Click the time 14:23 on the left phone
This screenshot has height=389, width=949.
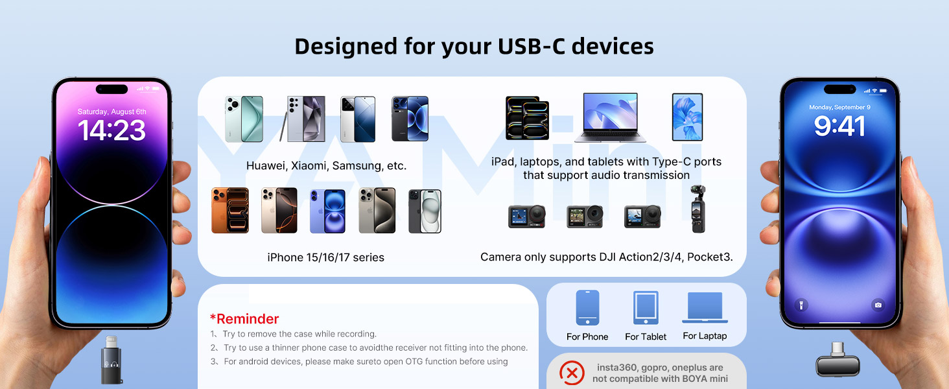pyautogui.click(x=112, y=130)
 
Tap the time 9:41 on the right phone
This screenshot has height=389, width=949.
pyautogui.click(x=839, y=126)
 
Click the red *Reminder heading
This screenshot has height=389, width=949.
pyautogui.click(x=244, y=319)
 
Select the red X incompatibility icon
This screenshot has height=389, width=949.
pyautogui.click(x=571, y=373)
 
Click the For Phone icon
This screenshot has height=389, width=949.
pyautogui.click(x=587, y=308)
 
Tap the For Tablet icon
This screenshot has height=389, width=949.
pyautogui.click(x=646, y=309)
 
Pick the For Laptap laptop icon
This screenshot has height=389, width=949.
pyautogui.click(x=705, y=308)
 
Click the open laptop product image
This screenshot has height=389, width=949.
pyautogui.click(x=609, y=117)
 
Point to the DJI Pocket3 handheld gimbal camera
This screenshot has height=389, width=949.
pyautogui.click(x=697, y=209)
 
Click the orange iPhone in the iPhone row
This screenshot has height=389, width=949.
pyautogui.click(x=230, y=211)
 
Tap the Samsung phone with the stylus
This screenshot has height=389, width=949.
pyautogui.click(x=305, y=119)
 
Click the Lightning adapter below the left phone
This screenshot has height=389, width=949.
pyautogui.click(x=113, y=357)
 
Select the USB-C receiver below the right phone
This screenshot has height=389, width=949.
pyautogui.click(x=838, y=360)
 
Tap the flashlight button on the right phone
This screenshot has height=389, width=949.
pyautogui.click(x=801, y=305)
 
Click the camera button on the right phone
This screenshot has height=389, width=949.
pyautogui.click(x=878, y=305)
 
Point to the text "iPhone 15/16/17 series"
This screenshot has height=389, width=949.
pyautogui.click(x=325, y=257)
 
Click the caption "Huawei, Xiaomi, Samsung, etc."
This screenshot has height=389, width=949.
pyautogui.click(x=326, y=166)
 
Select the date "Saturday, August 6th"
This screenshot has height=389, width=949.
pyautogui.click(x=112, y=112)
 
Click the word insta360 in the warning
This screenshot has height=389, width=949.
pyautogui.click(x=618, y=368)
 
